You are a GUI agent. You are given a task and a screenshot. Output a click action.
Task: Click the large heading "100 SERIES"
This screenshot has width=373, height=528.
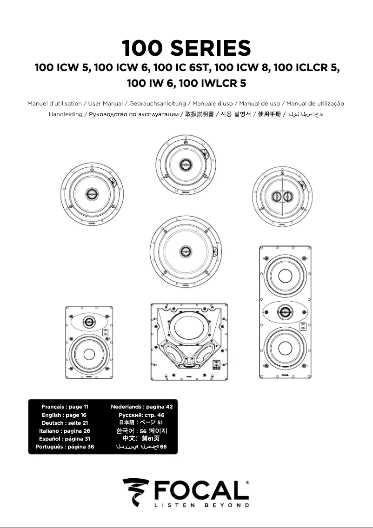[x=186, y=48]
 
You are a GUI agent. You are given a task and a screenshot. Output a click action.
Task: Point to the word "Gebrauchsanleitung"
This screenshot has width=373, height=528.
[x=158, y=104]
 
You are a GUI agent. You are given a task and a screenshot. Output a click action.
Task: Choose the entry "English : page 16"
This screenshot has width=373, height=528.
[x=64, y=415]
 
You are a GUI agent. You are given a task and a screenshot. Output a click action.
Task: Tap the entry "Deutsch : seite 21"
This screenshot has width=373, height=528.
[x=65, y=423]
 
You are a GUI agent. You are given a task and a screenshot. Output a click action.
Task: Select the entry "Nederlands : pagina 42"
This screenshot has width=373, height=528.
[x=141, y=407]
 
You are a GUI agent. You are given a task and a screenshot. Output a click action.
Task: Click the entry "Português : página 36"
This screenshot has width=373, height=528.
[x=65, y=447]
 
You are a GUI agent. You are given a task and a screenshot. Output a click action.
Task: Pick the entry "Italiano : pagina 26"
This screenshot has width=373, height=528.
[x=65, y=431]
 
